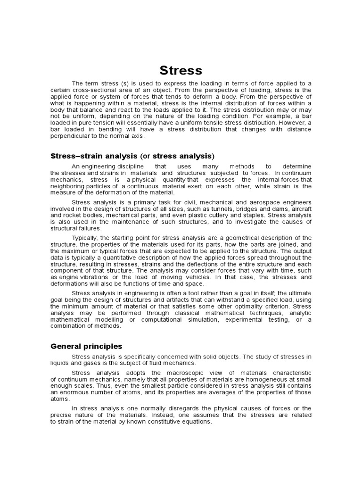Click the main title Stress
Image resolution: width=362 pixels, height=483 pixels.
pyautogui.click(x=181, y=71)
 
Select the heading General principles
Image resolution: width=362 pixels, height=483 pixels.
pyautogui.click(x=86, y=346)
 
